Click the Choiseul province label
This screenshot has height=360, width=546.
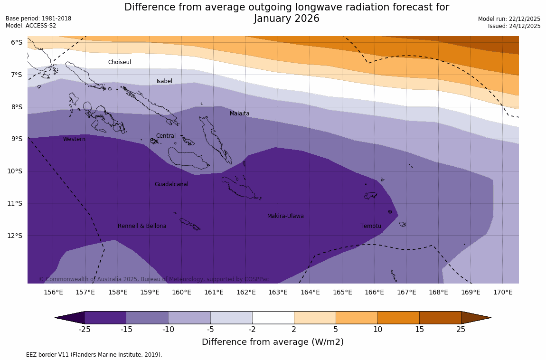pyautogui.click(x=119, y=62)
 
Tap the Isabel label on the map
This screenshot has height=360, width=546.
pyautogui.click(x=164, y=81)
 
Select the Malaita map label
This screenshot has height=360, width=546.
pyautogui.click(x=239, y=114)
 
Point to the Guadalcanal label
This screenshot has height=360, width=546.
pyautogui.click(x=171, y=184)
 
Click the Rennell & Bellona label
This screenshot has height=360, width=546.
pyautogui.click(x=142, y=226)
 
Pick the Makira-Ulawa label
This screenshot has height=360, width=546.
pyautogui.click(x=285, y=216)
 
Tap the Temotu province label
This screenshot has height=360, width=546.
pyautogui.click(x=370, y=226)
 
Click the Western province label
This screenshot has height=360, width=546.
pyautogui.click(x=75, y=139)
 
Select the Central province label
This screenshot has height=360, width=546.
pyautogui.click(x=166, y=136)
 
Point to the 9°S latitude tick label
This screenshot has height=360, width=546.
pyautogui.click(x=17, y=139)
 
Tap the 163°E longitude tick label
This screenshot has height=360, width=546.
pyautogui.click(x=278, y=292)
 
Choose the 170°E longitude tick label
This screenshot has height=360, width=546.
pyautogui.click(x=503, y=292)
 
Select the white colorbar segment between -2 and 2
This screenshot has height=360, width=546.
pyautogui.click(x=273, y=318)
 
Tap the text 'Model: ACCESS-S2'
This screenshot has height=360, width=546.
pyautogui.click(x=31, y=26)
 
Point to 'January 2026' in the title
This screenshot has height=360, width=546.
pyautogui.click(x=286, y=19)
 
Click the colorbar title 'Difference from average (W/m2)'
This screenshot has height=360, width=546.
pyautogui.click(x=273, y=342)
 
